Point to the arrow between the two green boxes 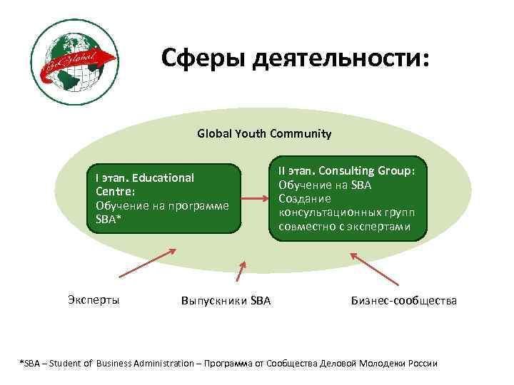coord(253,199)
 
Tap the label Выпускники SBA coord(226,301)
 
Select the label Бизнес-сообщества coord(403,301)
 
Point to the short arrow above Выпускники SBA coord(241,274)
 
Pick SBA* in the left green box coord(109,219)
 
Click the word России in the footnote coord(421,364)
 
